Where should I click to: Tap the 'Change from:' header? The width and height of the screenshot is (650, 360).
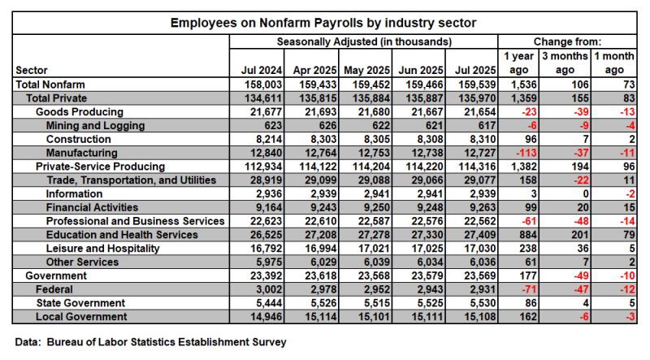coord(566,41)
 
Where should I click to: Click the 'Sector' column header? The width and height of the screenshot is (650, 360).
coord(32,70)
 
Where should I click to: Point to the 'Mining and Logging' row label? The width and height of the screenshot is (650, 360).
coord(96,126)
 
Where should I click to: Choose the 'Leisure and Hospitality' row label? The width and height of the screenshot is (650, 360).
coord(103,248)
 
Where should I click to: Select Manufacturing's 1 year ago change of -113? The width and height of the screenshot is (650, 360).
coord(522,153)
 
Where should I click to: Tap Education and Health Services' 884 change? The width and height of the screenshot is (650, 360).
coord(522,235)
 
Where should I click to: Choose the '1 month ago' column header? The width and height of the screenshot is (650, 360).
coord(617,63)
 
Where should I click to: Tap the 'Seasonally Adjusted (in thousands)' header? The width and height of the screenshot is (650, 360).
coord(364,41)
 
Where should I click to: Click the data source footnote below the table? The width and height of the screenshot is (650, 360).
coord(151,342)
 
